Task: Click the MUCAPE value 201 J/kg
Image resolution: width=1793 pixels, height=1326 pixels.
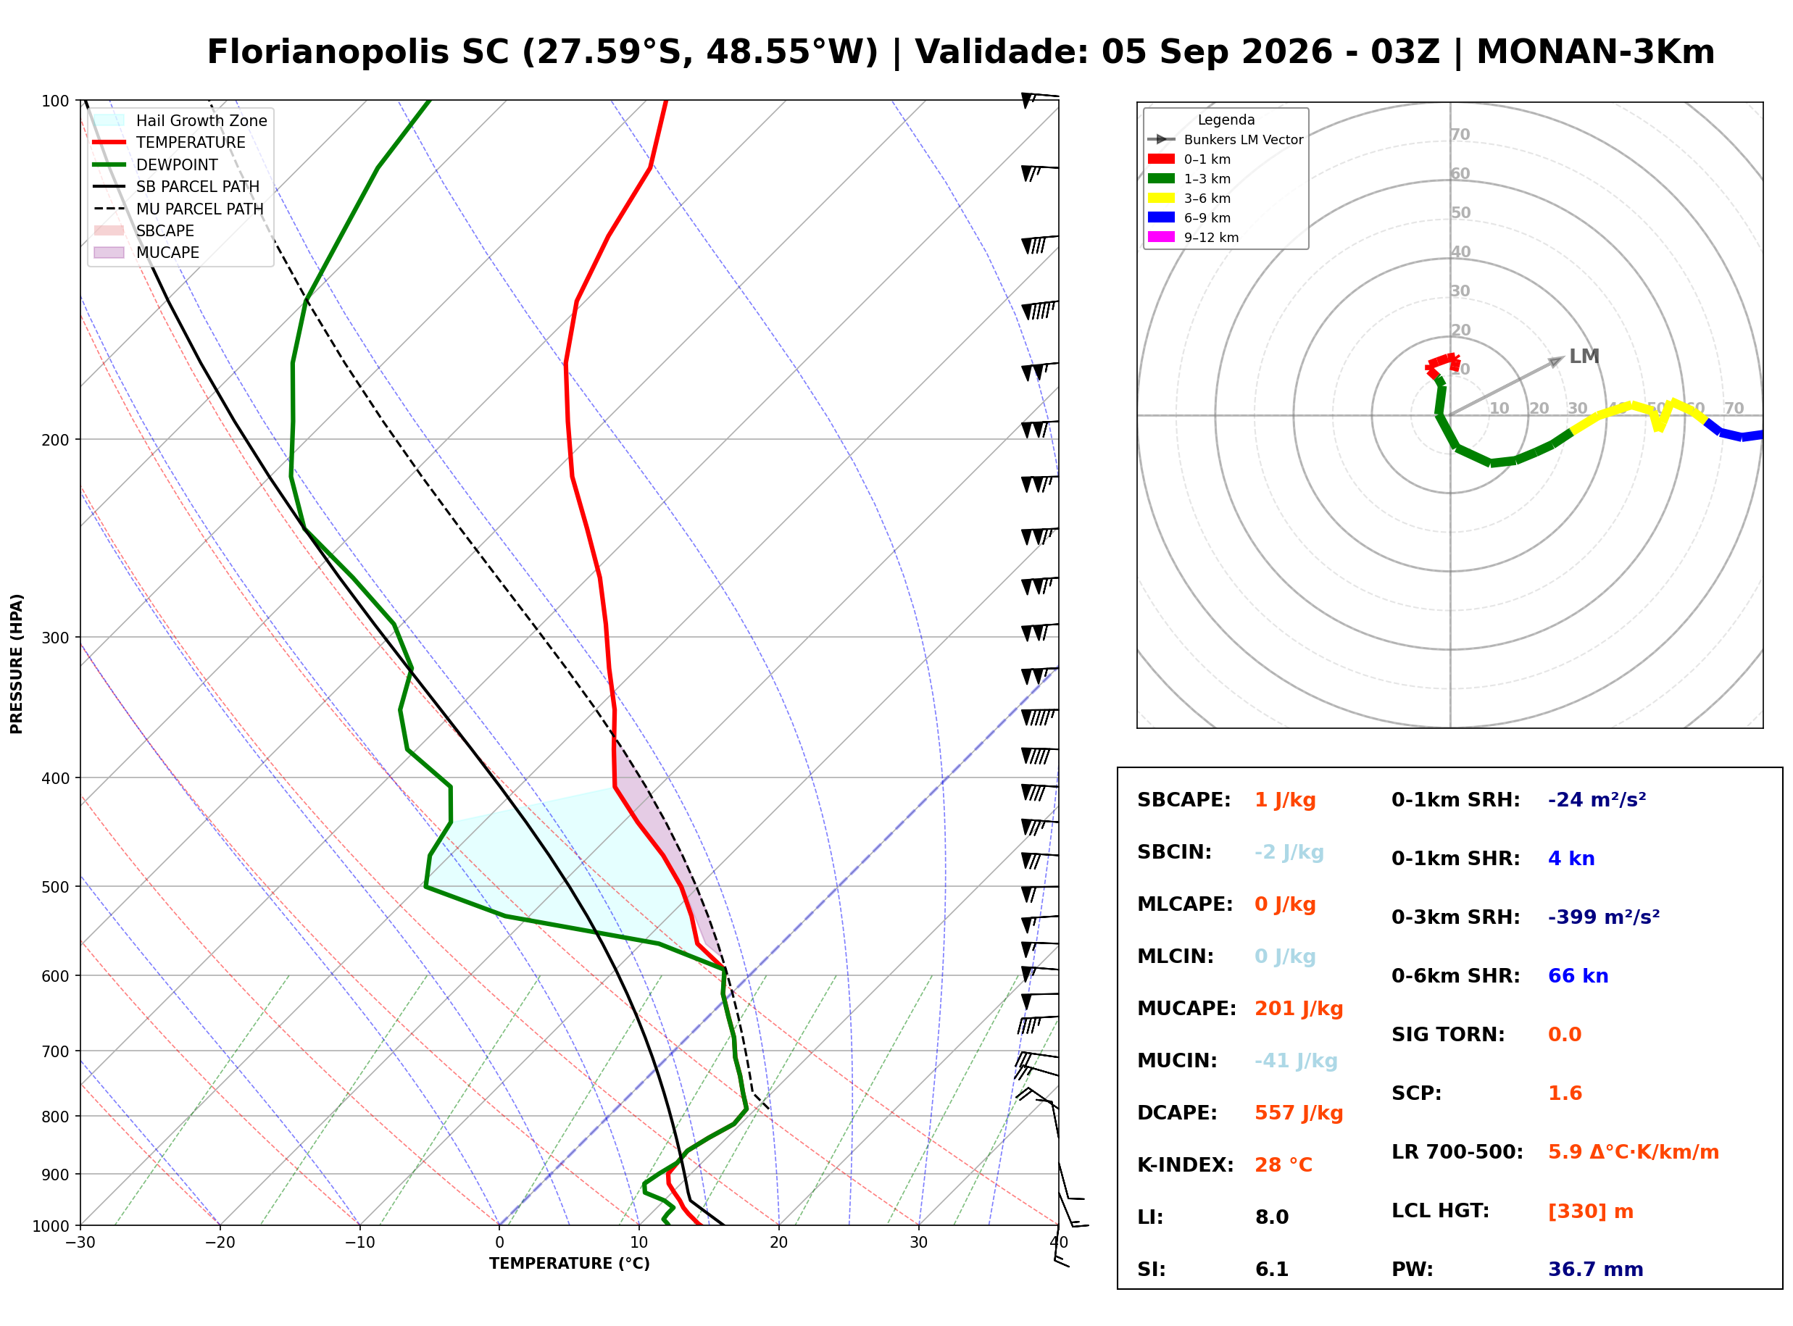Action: click(1299, 1009)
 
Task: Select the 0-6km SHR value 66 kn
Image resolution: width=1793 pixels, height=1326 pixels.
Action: click(1578, 976)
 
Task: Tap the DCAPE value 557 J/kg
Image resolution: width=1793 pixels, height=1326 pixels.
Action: click(1299, 1113)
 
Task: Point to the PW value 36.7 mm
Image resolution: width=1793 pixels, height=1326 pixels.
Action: click(1596, 1269)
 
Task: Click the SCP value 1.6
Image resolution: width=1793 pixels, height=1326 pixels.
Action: click(1565, 1093)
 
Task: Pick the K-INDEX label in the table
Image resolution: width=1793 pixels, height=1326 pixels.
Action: click(1186, 1165)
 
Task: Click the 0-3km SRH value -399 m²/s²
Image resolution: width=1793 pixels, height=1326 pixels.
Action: click(1604, 917)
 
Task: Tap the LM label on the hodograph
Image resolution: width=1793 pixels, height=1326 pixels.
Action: click(1584, 356)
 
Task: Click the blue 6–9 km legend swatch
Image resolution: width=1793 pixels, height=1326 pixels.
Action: click(1160, 217)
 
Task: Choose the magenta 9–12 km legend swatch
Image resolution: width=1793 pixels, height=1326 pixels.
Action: click(1160, 237)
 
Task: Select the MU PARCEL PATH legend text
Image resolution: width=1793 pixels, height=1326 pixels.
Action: click(200, 209)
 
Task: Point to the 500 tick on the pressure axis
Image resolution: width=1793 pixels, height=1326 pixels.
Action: click(55, 887)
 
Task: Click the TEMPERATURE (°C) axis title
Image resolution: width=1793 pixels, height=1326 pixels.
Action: click(570, 1264)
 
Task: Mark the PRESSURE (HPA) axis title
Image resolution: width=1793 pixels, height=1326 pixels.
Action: click(17, 664)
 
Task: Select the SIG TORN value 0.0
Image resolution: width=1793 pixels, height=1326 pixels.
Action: click(1565, 1035)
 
